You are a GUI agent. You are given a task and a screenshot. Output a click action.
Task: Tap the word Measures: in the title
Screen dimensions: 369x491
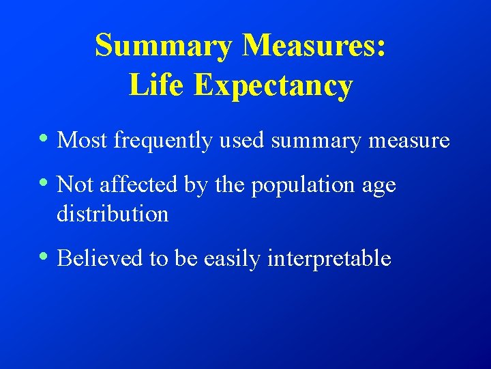click(314, 46)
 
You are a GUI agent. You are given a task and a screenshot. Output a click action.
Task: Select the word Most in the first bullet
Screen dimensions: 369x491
click(83, 141)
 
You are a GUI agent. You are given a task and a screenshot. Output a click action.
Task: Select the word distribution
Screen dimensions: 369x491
click(113, 215)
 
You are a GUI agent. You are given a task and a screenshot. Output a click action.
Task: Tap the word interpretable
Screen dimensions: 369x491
click(329, 259)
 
